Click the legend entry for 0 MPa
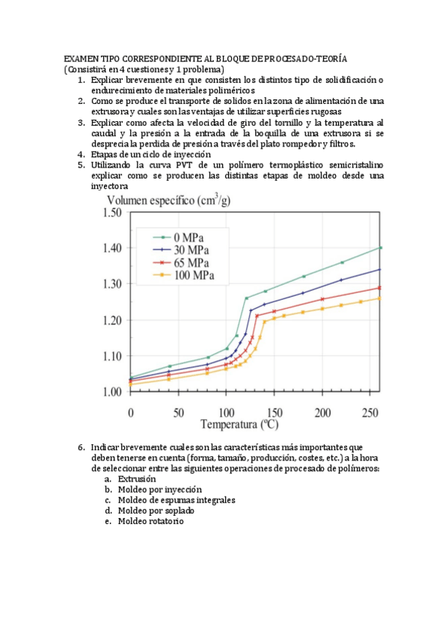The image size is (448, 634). point(182,237)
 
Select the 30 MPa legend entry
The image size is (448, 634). point(182,250)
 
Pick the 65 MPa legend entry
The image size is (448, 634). point(182,262)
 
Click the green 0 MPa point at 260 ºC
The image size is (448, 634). point(381,247)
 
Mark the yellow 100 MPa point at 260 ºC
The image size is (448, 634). point(381,298)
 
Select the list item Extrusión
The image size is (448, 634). point(137,478)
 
